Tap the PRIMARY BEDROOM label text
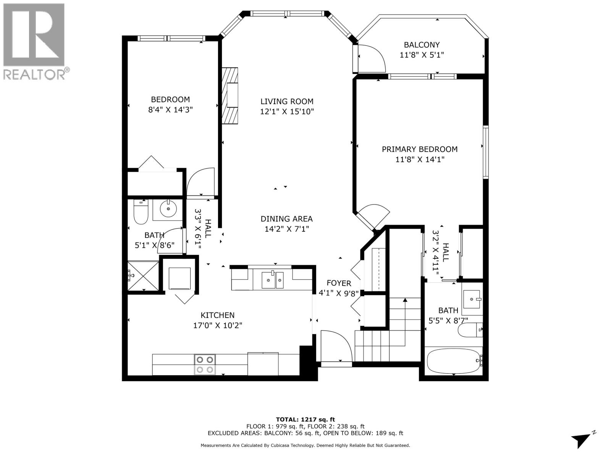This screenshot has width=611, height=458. [420, 149]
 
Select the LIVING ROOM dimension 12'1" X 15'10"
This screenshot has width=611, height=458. [287, 111]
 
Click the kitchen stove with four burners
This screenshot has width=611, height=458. [205, 364]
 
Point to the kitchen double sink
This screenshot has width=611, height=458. [273, 280]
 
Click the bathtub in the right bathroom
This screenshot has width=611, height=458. [453, 361]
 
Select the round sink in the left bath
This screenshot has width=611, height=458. [168, 209]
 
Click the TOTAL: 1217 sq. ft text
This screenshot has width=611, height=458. [305, 419]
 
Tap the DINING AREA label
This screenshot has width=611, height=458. [286, 219]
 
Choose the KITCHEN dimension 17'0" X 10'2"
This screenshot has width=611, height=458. [218, 326]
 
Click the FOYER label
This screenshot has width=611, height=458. [339, 283]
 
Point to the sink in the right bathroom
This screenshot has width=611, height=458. [472, 298]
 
